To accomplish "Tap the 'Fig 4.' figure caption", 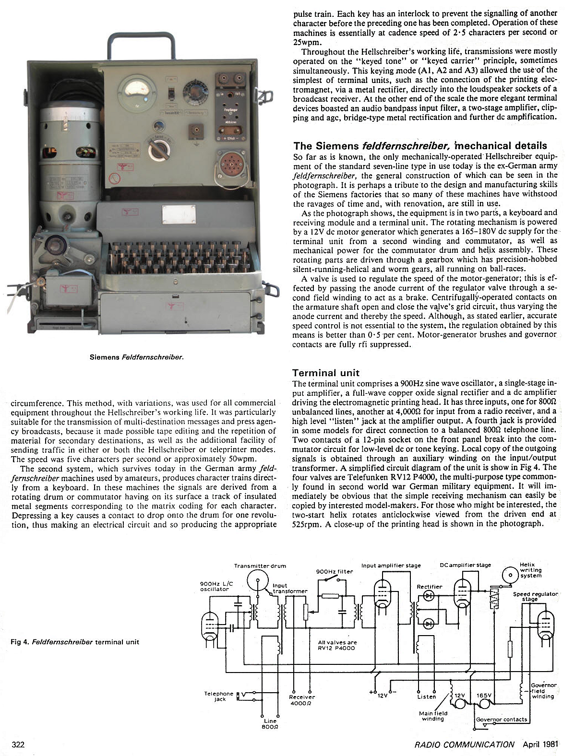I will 75,642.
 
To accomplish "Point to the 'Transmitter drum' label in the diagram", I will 260,566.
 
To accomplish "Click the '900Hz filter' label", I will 335,571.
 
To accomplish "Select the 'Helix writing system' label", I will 530,570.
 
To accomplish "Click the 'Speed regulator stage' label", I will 535,596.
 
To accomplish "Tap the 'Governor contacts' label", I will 501,719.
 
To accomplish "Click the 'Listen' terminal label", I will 427,697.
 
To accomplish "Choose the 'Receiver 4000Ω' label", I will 302,700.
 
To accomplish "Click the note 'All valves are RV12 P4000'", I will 337,645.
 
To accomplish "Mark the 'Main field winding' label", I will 434,716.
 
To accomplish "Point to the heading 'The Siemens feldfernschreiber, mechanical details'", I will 419,145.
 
